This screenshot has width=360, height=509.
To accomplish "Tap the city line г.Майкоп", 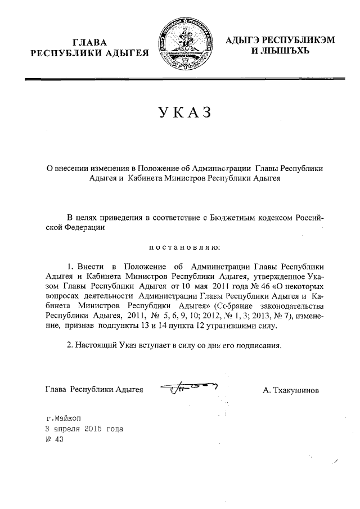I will coord(64,418).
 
